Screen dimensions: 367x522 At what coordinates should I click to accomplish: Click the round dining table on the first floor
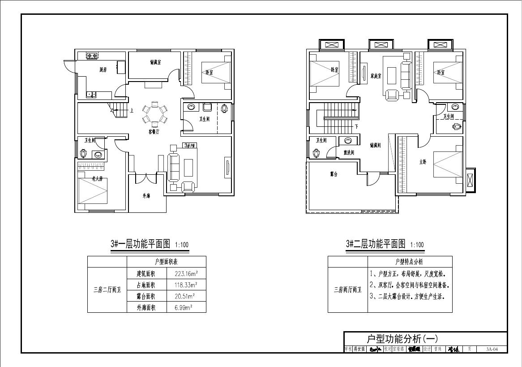[x=154, y=114]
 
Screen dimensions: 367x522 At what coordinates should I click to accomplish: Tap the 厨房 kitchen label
[x=103, y=69]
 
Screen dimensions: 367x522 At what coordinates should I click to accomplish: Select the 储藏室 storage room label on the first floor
[x=155, y=62]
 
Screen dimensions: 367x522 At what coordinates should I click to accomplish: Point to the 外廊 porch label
[x=147, y=195]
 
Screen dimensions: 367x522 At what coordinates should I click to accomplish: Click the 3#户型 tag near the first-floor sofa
[x=189, y=146]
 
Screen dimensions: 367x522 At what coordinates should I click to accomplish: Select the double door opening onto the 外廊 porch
[x=143, y=178]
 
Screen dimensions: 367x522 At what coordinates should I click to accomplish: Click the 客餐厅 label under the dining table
[x=155, y=132]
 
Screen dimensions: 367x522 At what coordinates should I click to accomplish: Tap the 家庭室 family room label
[x=376, y=76]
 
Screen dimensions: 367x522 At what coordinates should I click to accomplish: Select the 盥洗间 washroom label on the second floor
[x=349, y=152]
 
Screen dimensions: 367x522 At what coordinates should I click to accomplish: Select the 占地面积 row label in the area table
[x=146, y=285]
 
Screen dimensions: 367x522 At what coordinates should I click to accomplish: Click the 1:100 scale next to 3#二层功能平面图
[x=417, y=245]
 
